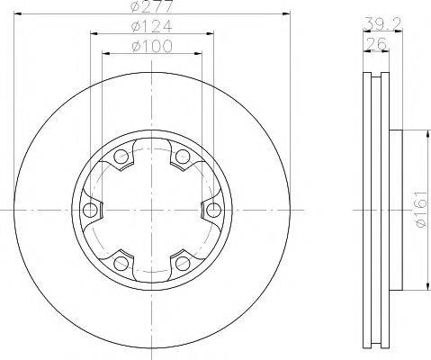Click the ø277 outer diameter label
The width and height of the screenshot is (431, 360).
click(x=151, y=7)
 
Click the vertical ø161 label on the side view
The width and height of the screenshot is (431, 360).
click(x=419, y=211)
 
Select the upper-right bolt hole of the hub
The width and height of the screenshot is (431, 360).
click(x=183, y=159)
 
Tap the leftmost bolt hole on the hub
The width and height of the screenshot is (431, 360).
click(x=88, y=211)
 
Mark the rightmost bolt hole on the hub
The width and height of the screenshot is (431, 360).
click(x=213, y=211)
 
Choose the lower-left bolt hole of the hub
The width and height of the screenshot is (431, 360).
click(x=120, y=263)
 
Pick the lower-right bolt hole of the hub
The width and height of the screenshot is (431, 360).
click(x=183, y=263)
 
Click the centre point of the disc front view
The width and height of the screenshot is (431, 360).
click(x=151, y=211)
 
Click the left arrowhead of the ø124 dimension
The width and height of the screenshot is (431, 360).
click(x=94, y=34)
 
